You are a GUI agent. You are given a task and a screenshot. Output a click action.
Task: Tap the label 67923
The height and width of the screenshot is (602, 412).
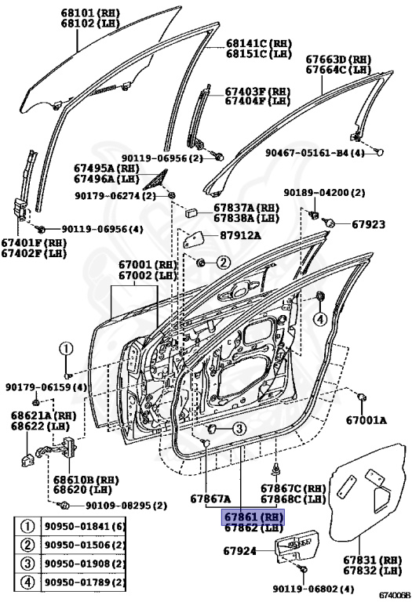click(368, 224)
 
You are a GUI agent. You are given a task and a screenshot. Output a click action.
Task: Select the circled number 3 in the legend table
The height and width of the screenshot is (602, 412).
click(27, 564)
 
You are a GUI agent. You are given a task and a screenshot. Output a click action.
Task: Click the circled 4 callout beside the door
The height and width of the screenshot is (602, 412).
click(320, 318)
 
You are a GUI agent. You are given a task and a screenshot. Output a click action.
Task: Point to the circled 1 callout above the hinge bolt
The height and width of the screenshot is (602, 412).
click(67, 350)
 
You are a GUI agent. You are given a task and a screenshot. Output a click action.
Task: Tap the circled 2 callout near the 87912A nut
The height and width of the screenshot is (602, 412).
click(223, 262)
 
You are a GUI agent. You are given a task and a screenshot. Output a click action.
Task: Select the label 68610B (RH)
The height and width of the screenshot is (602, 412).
click(79, 478)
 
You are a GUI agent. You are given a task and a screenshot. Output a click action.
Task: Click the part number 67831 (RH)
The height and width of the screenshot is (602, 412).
click(369, 560)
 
